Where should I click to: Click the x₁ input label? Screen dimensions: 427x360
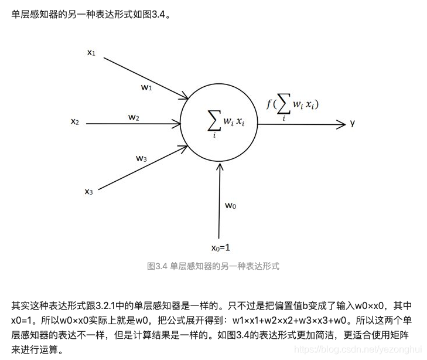point(91,53)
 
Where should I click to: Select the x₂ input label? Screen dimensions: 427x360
point(75,122)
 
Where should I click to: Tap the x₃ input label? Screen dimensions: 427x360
point(88,191)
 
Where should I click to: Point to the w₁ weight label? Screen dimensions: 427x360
point(146,87)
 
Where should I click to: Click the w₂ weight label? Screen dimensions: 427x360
point(134,117)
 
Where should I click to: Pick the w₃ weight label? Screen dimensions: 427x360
point(141,158)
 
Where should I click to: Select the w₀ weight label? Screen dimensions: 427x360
point(231,205)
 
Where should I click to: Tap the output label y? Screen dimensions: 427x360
point(353,123)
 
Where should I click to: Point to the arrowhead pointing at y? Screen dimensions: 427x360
point(341,124)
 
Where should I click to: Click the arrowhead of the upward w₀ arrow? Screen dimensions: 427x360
point(220,167)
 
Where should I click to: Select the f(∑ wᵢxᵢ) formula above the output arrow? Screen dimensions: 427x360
point(292,107)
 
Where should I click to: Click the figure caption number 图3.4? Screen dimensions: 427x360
point(158,266)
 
